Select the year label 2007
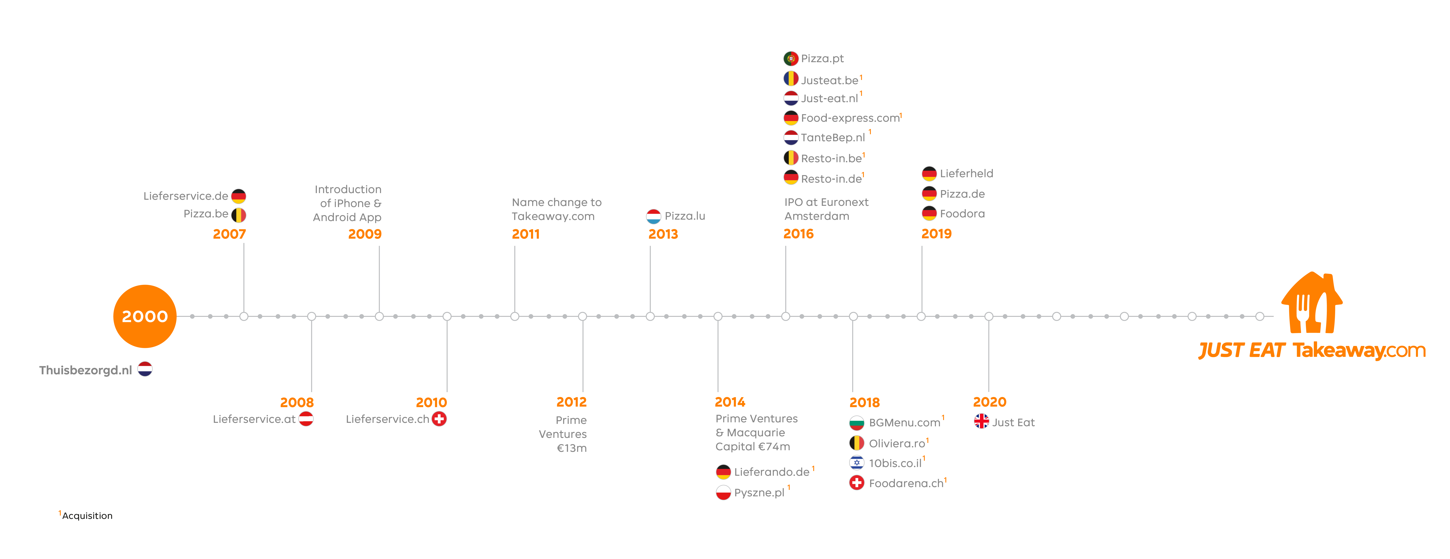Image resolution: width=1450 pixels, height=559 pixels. coord(229,234)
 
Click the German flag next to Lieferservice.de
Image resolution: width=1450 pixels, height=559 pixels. coord(239,196)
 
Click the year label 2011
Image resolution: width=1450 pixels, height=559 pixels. coord(526,234)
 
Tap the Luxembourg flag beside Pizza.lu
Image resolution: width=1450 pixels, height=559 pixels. coord(654,216)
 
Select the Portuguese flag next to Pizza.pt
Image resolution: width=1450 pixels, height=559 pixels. coord(791,58)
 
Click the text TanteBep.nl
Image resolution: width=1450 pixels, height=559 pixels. coord(832,137)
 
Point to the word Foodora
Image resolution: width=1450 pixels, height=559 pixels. coord(962,213)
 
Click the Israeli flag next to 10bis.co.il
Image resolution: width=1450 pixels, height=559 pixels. coord(857,463)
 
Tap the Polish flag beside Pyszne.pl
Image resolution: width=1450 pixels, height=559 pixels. coord(723,493)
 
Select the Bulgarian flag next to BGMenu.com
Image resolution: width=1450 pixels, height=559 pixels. coord(857,422)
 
